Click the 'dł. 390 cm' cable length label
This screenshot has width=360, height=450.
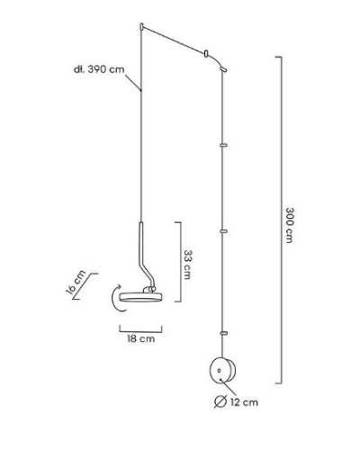99,69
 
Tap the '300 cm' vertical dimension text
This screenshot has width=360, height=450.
289,225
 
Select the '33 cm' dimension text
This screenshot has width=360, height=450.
187,265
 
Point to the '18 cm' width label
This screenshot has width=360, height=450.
140,339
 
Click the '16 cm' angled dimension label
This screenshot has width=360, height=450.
76,283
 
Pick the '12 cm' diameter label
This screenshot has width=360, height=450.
244,402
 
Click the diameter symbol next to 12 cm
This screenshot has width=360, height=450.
220,401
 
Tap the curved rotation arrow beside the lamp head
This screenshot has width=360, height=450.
116,298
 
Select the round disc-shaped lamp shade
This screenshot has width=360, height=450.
140,297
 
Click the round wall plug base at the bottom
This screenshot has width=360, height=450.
222,371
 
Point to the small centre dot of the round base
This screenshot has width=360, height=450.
220,371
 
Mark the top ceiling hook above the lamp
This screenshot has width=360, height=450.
141,27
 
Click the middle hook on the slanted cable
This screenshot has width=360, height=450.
206,54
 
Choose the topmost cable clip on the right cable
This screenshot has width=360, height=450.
223,146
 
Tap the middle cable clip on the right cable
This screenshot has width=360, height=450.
223,231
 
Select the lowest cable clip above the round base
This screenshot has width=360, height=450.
223,333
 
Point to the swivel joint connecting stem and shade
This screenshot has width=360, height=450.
149,289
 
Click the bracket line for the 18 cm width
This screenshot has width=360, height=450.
140,332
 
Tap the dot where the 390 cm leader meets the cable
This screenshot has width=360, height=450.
141,90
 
